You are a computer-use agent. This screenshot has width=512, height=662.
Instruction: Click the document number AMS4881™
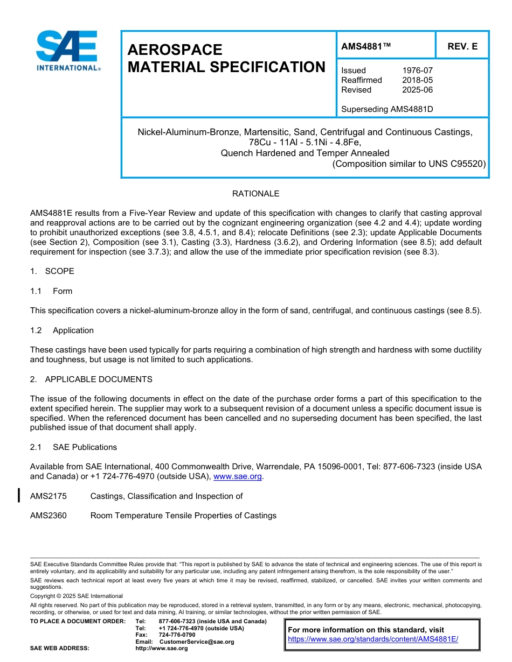click(x=366, y=47)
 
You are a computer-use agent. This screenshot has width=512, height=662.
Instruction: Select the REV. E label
click(x=462, y=47)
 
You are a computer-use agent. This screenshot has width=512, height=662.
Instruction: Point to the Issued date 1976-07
click(x=417, y=71)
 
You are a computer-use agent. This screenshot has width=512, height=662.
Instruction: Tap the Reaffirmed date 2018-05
click(x=417, y=80)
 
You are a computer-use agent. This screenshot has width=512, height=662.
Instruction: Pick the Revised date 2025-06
click(x=417, y=90)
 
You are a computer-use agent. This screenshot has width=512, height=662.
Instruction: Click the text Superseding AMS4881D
click(x=387, y=109)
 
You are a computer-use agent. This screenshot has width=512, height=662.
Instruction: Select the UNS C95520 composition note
click(x=409, y=164)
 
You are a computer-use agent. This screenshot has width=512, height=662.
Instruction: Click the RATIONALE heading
click(x=255, y=194)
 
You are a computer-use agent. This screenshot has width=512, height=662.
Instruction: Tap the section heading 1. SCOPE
click(x=52, y=271)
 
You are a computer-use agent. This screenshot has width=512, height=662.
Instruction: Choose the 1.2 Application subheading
click(x=62, y=330)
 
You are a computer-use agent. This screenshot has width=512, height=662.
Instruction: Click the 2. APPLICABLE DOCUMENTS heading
click(x=91, y=379)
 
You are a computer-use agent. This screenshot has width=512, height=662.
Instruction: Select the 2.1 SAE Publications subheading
click(x=73, y=447)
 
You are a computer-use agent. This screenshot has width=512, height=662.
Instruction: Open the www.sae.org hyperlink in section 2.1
click(x=237, y=477)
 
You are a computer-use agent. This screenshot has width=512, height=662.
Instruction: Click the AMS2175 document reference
click(x=49, y=496)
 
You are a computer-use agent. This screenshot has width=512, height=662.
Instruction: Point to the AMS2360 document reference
click(x=49, y=516)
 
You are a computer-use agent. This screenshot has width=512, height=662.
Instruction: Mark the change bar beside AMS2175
click(x=19, y=495)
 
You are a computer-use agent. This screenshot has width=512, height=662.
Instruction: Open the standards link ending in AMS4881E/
click(x=372, y=639)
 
